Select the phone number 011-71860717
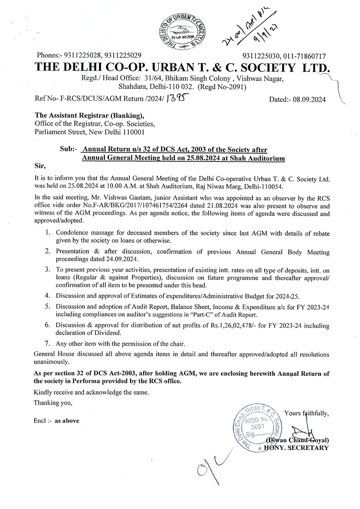(305, 56)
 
